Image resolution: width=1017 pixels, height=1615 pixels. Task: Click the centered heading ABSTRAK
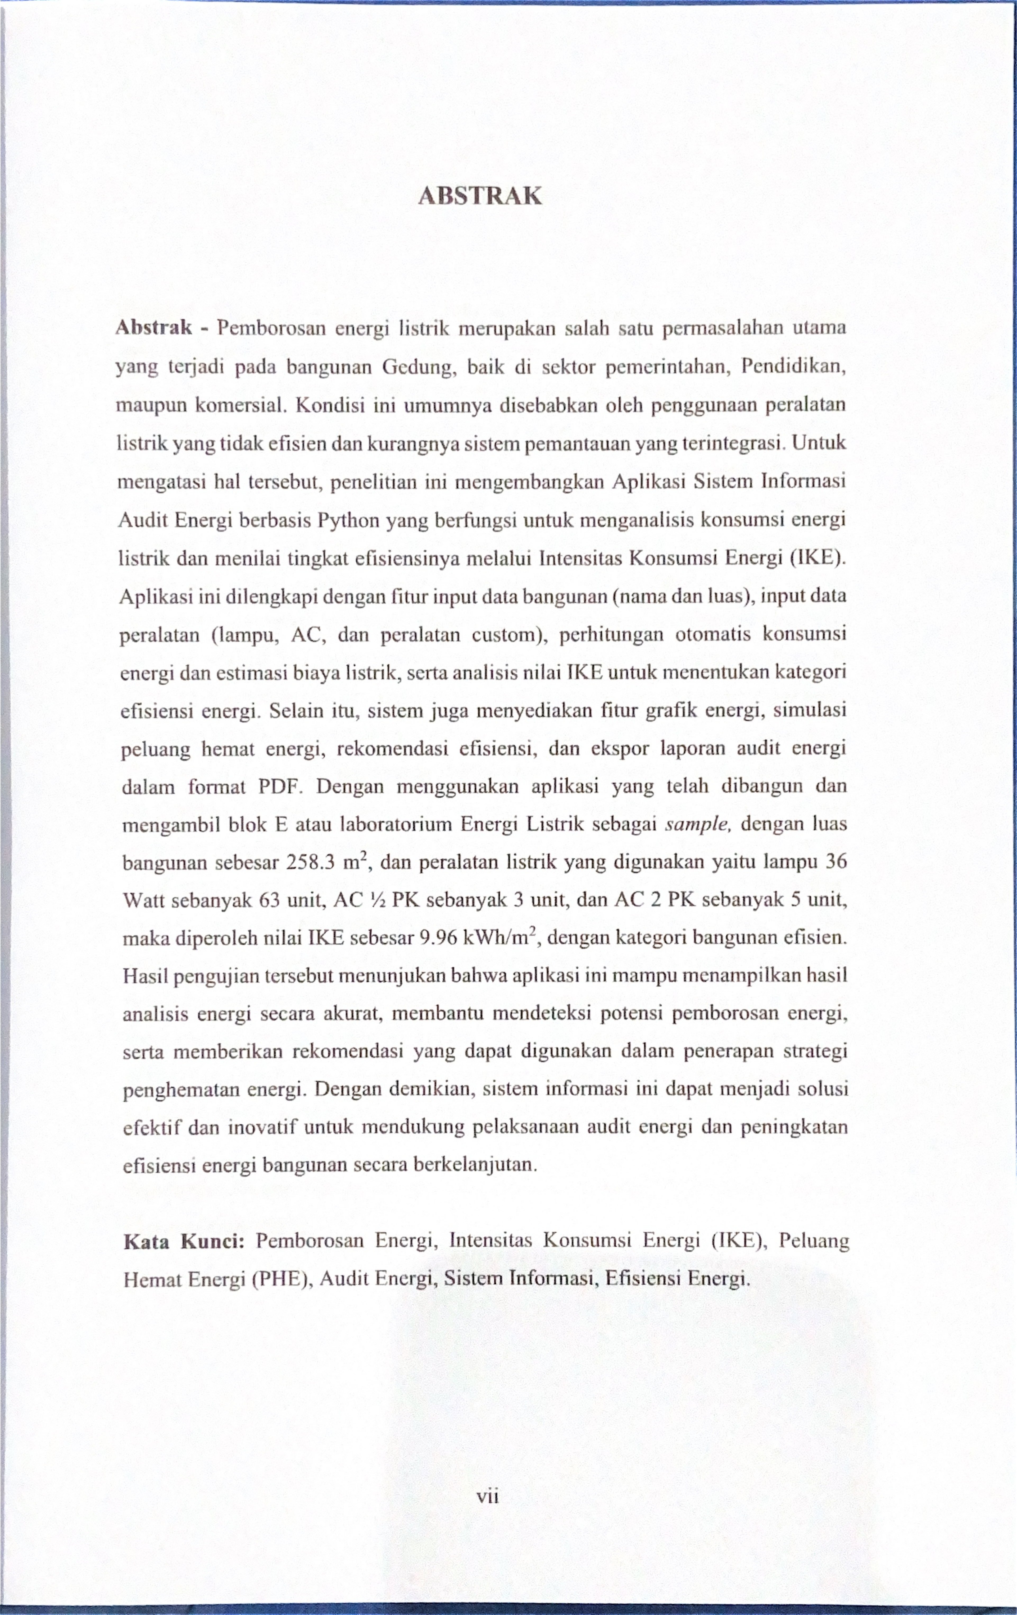(x=479, y=196)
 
